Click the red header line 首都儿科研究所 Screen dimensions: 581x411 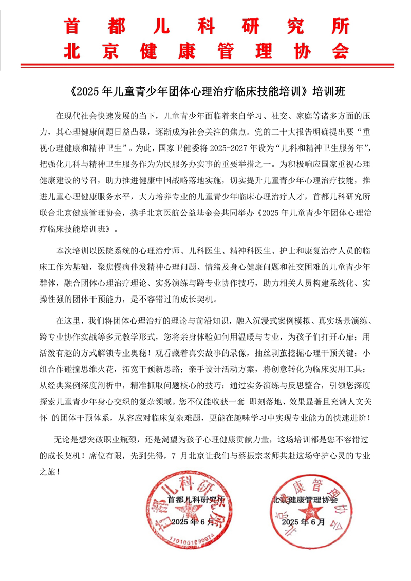click(206, 26)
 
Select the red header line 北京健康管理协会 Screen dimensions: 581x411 click(206, 50)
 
